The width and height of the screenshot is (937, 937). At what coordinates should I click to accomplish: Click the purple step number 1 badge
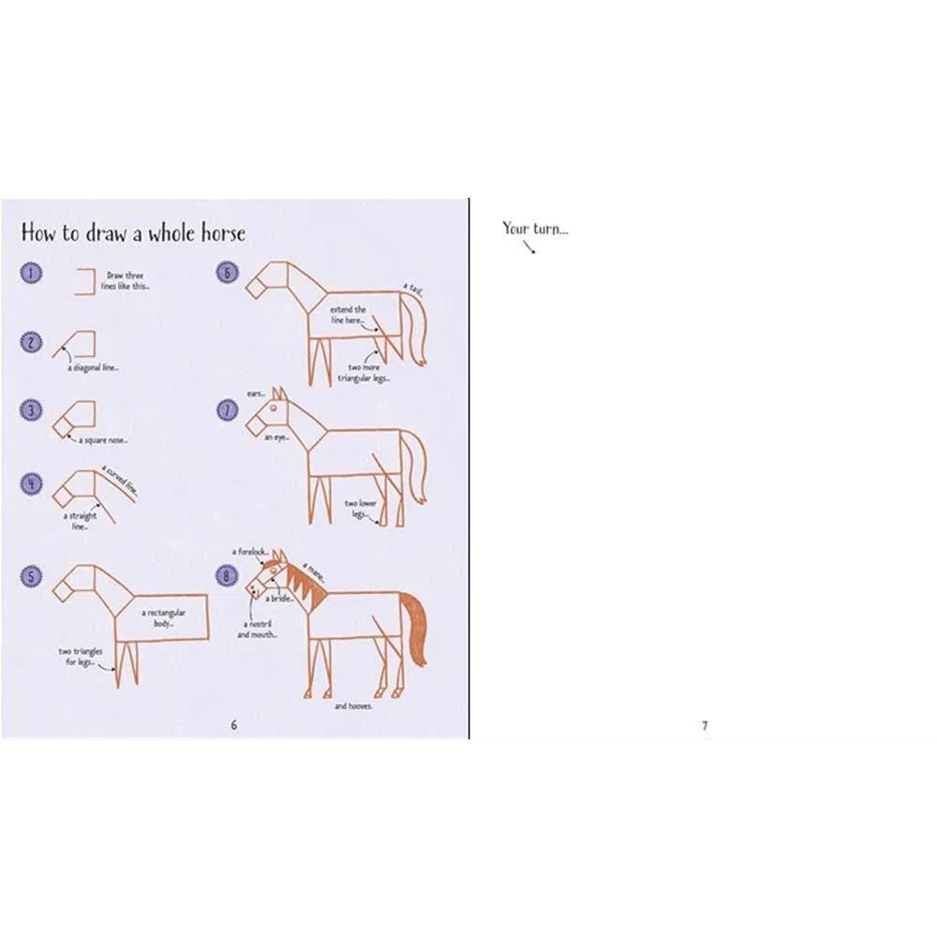32,274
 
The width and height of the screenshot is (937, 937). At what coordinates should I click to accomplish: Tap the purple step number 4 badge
32,483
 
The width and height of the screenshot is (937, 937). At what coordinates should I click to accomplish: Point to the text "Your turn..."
534,228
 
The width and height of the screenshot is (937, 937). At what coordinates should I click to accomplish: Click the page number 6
234,724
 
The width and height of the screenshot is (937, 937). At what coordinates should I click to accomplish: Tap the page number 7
705,724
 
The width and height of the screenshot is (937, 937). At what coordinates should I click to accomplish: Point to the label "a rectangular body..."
164,617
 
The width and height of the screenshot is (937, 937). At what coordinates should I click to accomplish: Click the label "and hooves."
353,706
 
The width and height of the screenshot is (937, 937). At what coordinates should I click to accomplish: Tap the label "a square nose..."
104,439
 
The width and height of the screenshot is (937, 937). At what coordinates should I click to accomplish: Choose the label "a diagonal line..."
93,367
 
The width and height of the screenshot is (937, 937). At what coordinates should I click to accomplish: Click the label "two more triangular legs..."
368,373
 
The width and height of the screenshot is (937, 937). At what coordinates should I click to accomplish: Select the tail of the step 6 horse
416,328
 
